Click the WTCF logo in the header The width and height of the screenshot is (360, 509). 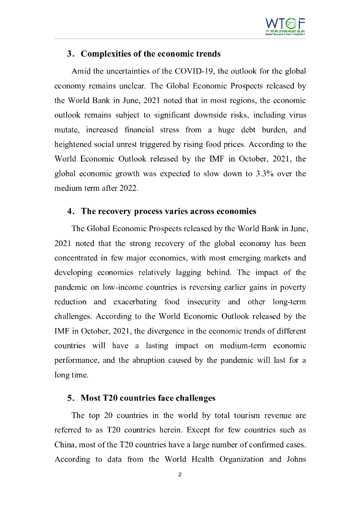pyautogui.click(x=285, y=26)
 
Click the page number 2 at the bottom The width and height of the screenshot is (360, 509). pyautogui.click(x=180, y=475)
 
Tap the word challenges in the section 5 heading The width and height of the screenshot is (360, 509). pyautogui.click(x=191, y=398)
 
